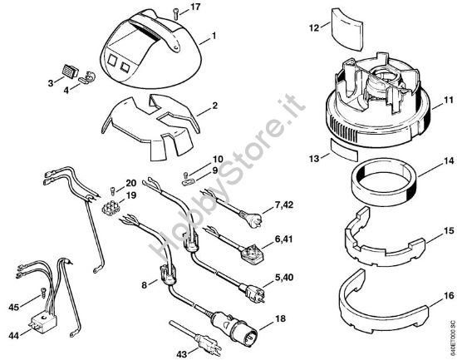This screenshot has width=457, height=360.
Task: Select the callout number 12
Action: [314, 28]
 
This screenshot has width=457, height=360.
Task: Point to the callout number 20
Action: [131, 183]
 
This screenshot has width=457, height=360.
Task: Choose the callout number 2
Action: [214, 106]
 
